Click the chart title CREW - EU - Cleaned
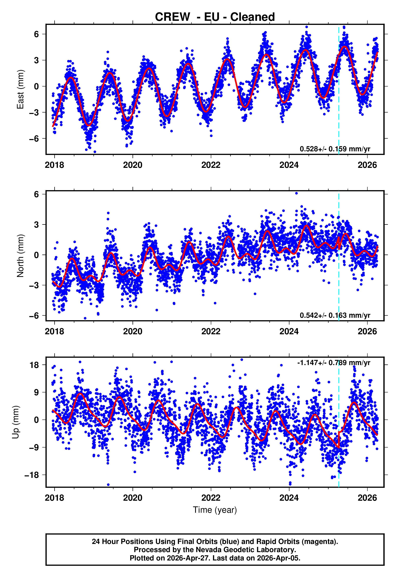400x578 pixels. pyautogui.click(x=215, y=17)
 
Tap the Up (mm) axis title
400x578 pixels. pyautogui.click(x=15, y=422)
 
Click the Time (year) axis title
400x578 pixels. pyautogui.click(x=215, y=510)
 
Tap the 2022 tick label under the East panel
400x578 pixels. pyautogui.click(x=211, y=165)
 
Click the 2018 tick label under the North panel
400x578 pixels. pyautogui.click(x=54, y=331)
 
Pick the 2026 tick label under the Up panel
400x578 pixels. pyautogui.click(x=367, y=498)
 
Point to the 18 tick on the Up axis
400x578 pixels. pyautogui.click(x=34, y=365)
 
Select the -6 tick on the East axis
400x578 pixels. pyautogui.click(x=34, y=139)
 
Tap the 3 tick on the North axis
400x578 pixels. pyautogui.click(x=36, y=225)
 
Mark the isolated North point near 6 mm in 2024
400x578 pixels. pyautogui.click(x=296, y=193)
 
